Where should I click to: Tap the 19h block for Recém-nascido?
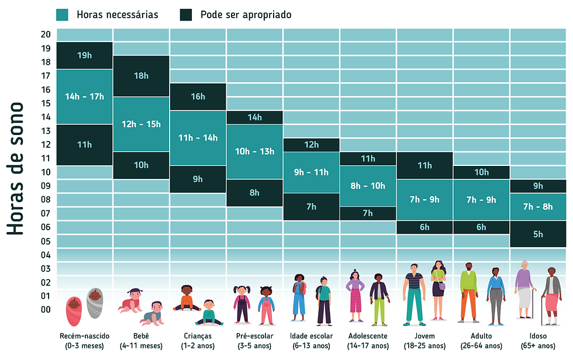click(85, 56)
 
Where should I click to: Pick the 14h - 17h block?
click(85, 96)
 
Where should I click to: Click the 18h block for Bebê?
click(141, 76)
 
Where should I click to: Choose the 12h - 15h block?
click(141, 124)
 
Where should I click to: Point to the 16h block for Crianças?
click(198, 96)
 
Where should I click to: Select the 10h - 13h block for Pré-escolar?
click(254, 151)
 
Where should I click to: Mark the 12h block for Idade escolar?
click(311, 145)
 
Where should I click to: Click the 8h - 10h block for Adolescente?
click(368, 186)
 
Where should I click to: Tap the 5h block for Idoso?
click(538, 234)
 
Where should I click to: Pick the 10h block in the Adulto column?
click(481, 172)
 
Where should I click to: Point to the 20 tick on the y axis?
click(46, 34)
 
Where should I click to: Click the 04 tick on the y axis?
click(46, 255)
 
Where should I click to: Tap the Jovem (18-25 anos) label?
click(424, 341)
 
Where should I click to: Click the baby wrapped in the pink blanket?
click(74, 307)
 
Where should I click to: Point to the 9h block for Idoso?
click(538, 186)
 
